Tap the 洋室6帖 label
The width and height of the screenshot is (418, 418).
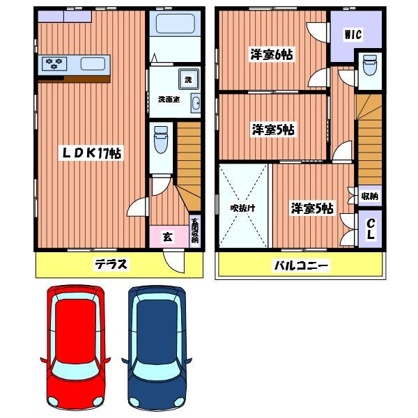click(272, 54)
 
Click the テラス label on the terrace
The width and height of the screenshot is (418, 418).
click(111, 264)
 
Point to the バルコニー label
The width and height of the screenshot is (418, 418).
click(301, 265)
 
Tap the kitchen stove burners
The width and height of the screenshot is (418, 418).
click(55, 65)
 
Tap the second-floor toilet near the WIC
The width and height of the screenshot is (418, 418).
click(369, 68)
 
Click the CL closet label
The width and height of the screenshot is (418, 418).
click(371, 229)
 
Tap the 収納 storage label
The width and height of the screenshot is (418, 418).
click(369, 196)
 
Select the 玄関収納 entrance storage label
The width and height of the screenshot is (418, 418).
click(195, 231)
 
